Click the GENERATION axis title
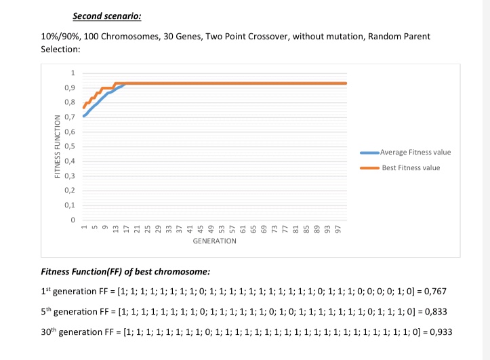214,241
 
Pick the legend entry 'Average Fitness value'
415,153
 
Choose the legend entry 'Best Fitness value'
410,167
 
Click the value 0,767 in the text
434,290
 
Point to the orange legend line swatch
369,167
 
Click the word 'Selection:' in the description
61,49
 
